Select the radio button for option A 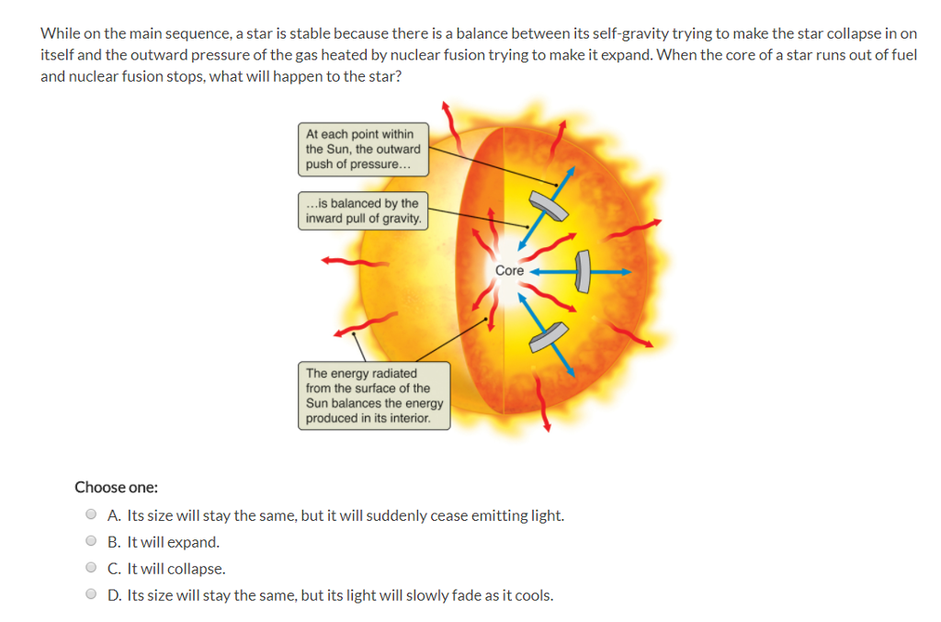click(x=91, y=515)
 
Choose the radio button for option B click(x=91, y=542)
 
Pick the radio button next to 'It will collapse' click(x=91, y=569)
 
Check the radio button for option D click(x=91, y=595)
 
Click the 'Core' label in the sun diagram click(x=509, y=271)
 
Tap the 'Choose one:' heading click(x=116, y=487)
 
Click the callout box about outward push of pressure click(x=363, y=149)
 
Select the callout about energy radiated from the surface click(x=375, y=395)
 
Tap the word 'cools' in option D click(x=533, y=595)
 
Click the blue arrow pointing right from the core click(x=611, y=272)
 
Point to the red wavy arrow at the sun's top click(x=451, y=117)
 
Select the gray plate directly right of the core click(x=583, y=271)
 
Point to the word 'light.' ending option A click(x=547, y=515)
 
